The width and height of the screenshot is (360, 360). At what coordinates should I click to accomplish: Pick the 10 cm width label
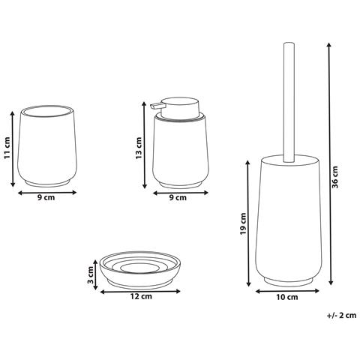point(286,298)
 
